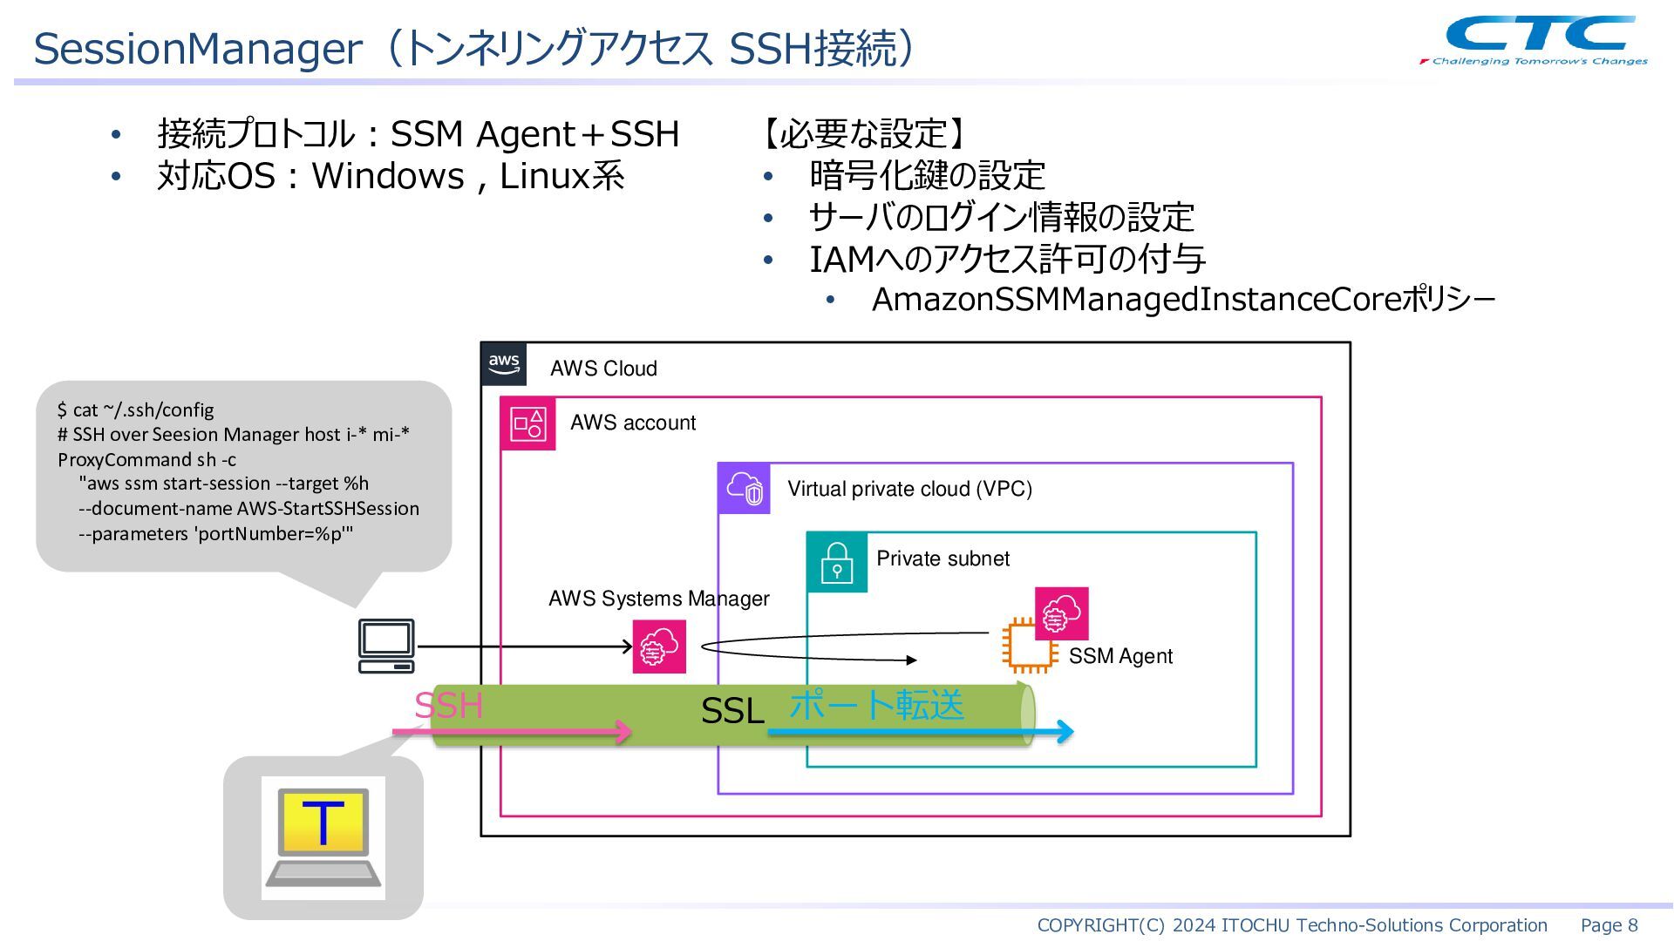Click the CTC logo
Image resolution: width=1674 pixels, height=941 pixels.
point(1534,39)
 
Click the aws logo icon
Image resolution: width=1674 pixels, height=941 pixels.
point(504,364)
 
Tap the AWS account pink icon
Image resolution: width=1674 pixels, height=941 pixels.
point(527,423)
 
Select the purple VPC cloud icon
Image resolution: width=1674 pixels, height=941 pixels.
point(744,489)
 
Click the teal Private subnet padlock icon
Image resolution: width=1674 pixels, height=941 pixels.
point(836,562)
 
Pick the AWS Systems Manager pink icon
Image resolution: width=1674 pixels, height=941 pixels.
point(659,647)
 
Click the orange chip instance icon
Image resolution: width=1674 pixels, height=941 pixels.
point(1030,646)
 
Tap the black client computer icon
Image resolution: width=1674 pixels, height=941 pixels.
point(386,646)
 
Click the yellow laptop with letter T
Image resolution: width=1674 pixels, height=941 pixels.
point(323,837)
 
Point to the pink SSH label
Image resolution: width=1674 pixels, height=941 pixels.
point(448,705)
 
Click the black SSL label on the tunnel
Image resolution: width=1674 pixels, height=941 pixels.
point(732,711)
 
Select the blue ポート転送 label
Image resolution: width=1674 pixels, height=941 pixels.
point(876,704)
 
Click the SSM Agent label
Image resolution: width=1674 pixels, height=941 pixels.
point(1120,656)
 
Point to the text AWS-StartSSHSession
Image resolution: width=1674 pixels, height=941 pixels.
point(328,508)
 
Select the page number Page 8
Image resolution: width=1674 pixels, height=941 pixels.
point(1609,925)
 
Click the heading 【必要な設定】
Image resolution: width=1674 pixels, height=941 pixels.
point(863,133)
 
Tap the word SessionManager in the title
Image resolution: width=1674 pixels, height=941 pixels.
point(198,49)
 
